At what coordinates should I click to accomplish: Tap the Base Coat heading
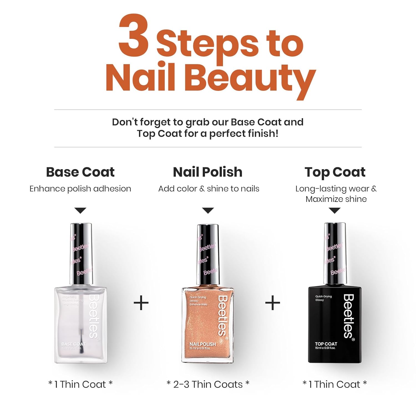click(x=80, y=172)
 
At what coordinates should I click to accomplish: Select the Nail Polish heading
click(x=208, y=172)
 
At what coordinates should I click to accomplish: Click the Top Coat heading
click(x=335, y=172)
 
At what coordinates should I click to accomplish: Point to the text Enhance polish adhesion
click(x=80, y=189)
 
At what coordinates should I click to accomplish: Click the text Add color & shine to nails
click(x=209, y=189)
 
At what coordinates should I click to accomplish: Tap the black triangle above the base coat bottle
click(x=80, y=210)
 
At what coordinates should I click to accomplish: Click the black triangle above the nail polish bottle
click(x=208, y=210)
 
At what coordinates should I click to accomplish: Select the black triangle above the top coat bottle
click(x=335, y=210)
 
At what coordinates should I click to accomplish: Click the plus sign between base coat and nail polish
click(x=141, y=303)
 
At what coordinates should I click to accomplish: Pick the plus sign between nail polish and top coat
click(x=273, y=303)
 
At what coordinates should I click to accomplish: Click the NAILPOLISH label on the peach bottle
click(x=202, y=344)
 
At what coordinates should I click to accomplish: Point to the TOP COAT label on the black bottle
click(x=326, y=344)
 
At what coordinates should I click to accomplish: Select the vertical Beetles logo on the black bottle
click(x=349, y=316)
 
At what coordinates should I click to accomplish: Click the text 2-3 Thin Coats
click(x=208, y=384)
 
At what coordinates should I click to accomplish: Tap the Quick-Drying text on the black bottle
click(x=323, y=296)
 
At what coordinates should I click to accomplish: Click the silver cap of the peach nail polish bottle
click(x=208, y=254)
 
